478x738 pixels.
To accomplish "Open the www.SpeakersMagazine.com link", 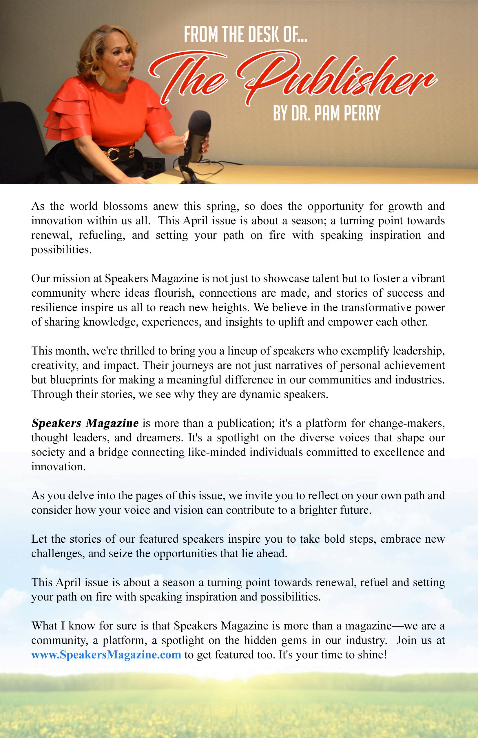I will click(x=106, y=655).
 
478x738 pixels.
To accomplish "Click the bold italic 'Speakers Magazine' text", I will click(x=85, y=423).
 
